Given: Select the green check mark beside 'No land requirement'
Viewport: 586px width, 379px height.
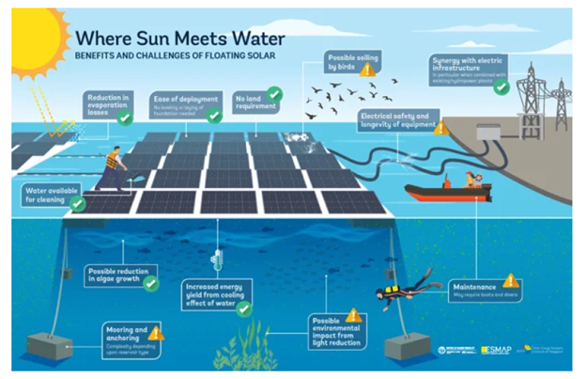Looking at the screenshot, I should click(274, 94).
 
